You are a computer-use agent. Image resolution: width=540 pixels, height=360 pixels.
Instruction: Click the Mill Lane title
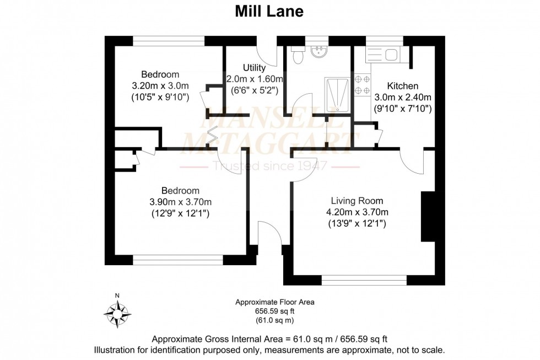click(269, 12)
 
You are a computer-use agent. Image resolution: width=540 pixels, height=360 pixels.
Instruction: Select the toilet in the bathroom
click(298, 56)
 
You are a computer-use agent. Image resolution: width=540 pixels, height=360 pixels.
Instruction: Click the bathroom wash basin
click(319, 52)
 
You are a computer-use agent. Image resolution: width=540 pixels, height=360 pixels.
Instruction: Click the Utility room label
click(254, 68)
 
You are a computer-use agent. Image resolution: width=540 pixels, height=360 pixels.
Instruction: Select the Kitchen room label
click(402, 86)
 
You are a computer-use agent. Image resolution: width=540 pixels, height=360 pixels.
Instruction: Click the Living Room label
click(357, 201)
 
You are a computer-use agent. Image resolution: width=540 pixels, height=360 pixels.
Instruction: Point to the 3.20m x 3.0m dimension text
click(160, 86)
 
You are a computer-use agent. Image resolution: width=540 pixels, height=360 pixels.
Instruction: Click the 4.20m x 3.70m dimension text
click(357, 212)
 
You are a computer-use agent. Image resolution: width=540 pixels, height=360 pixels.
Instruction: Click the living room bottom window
click(364, 281)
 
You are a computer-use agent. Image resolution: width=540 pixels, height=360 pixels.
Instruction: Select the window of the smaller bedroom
click(169, 40)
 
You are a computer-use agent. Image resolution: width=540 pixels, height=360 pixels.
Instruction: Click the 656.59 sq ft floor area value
click(274, 311)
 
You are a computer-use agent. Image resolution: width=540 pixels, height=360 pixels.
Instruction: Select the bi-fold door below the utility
click(212, 136)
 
